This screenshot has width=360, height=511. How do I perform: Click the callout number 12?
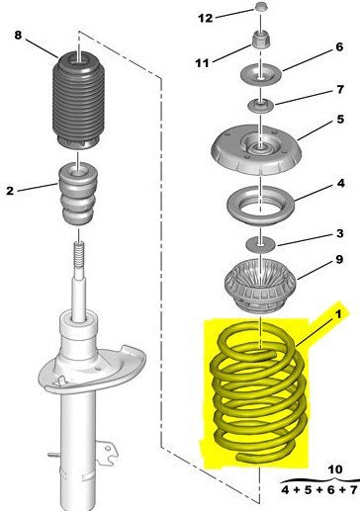click(x=206, y=18)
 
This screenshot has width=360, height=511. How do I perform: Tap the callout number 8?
click(x=18, y=35)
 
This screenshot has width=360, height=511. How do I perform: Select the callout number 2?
click(x=10, y=190)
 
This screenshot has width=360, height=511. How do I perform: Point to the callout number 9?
click(x=339, y=259)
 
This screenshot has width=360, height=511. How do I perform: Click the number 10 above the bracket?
click(x=335, y=468)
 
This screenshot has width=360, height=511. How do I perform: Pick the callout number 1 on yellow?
click(x=338, y=314)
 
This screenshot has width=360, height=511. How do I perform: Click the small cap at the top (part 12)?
click(x=261, y=6)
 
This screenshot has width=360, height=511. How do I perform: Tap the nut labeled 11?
click(x=262, y=40)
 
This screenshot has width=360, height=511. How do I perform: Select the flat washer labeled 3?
click(x=260, y=245)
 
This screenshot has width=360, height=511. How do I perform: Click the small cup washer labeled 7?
click(x=261, y=106)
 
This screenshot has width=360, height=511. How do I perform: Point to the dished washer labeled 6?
click(x=260, y=76)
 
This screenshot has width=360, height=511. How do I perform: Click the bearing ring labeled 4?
click(x=260, y=206)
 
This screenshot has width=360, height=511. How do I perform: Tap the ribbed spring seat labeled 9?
click(x=260, y=286)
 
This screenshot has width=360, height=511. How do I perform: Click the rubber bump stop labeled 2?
click(x=78, y=194)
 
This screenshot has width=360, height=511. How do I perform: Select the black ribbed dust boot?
click(x=78, y=100)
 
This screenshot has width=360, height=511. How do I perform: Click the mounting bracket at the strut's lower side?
click(x=106, y=449)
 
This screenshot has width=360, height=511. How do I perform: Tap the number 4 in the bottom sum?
click(x=285, y=490)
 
